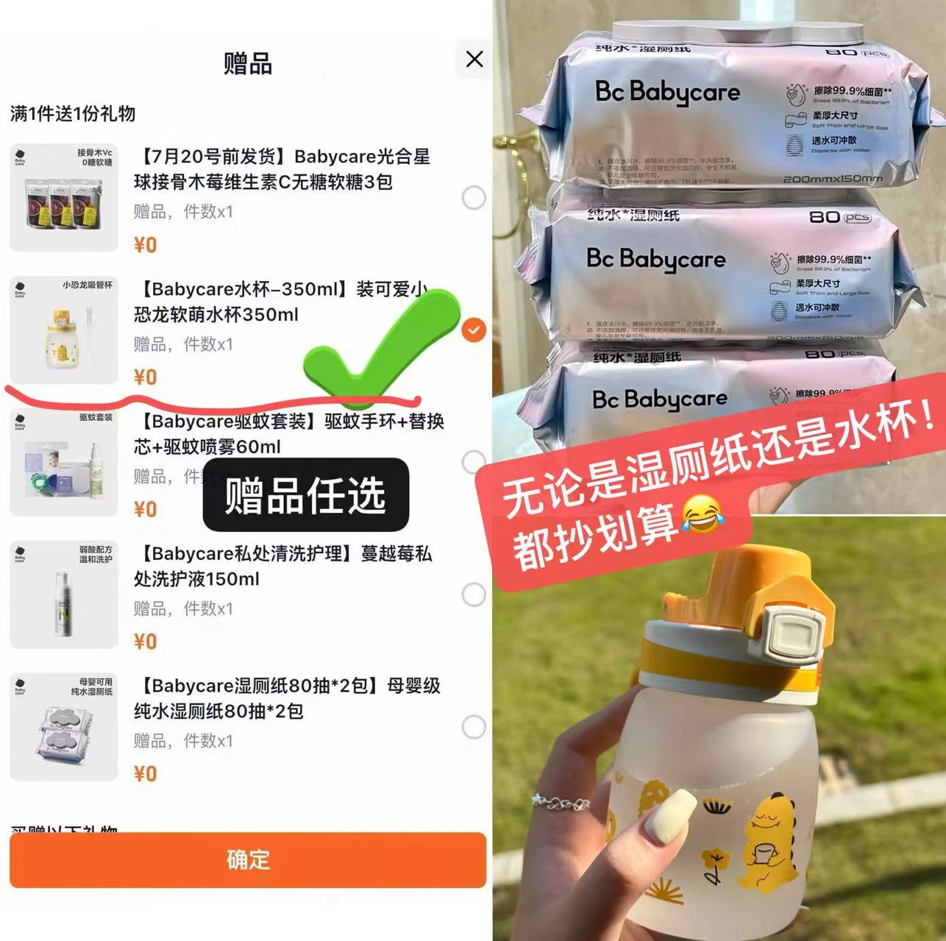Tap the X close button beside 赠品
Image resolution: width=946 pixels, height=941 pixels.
pyautogui.click(x=474, y=59)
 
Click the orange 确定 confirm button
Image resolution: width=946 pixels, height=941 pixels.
pyautogui.click(x=248, y=859)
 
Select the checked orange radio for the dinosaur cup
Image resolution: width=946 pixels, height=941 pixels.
pyautogui.click(x=474, y=330)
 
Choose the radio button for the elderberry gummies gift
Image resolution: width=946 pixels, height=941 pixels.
pyautogui.click(x=474, y=198)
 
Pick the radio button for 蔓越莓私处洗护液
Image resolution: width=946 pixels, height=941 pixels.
pyautogui.click(x=474, y=594)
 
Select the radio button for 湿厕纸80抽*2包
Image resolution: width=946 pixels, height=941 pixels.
pyautogui.click(x=474, y=727)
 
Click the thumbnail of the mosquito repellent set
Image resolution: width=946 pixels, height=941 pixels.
pyautogui.click(x=64, y=463)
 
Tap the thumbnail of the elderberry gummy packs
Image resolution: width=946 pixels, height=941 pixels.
pyautogui.click(x=64, y=198)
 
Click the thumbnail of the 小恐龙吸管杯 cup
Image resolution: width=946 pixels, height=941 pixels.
pyautogui.click(x=64, y=330)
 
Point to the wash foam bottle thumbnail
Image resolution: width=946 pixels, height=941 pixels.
pyautogui.click(x=64, y=594)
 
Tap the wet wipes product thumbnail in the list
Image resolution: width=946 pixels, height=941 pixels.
pyautogui.click(x=64, y=727)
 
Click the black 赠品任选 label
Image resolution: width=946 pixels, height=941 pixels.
pyautogui.click(x=305, y=494)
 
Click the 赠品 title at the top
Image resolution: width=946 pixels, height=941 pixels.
pyautogui.click(x=248, y=64)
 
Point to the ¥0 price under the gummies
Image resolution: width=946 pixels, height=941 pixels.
pyautogui.click(x=146, y=244)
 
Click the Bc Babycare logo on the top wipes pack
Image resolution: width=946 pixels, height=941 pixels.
pyautogui.click(x=667, y=93)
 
